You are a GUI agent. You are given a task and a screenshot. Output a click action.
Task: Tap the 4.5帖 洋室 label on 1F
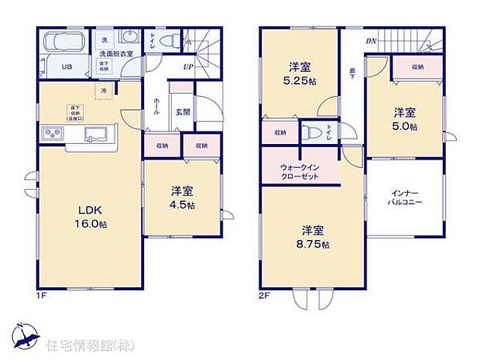pos(183,198)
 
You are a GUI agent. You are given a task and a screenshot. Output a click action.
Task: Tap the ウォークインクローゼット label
pos(299,171)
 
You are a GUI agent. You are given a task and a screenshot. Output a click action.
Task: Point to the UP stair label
pos(189,67)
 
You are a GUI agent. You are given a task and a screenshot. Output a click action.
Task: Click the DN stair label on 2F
pos(371,42)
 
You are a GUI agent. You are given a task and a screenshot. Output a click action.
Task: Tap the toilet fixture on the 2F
pos(312,131)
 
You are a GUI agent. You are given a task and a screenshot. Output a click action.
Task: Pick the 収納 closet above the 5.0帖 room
pos(417,67)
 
